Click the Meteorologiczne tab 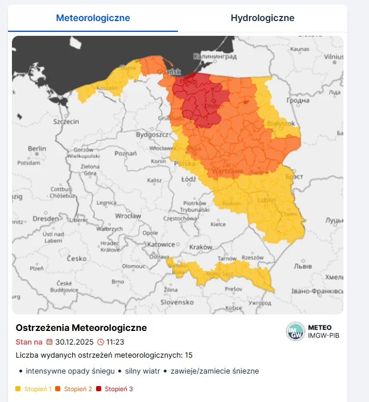pyautogui.click(x=93, y=18)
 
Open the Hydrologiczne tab pyautogui.click(x=262, y=18)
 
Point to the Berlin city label pyautogui.click(x=37, y=148)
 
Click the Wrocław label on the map pyautogui.click(x=127, y=216)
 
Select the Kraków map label pyautogui.click(x=201, y=247)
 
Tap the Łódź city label pyautogui.click(x=188, y=179)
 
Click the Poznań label pyautogui.click(x=125, y=154)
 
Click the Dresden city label pyautogui.click(x=45, y=218)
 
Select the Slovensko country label pyautogui.click(x=177, y=302)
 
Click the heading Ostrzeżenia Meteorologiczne pyautogui.click(x=81, y=328)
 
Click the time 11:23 pyautogui.click(x=115, y=342)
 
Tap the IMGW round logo pyautogui.click(x=295, y=331)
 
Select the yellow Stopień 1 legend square pyautogui.click(x=18, y=389)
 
